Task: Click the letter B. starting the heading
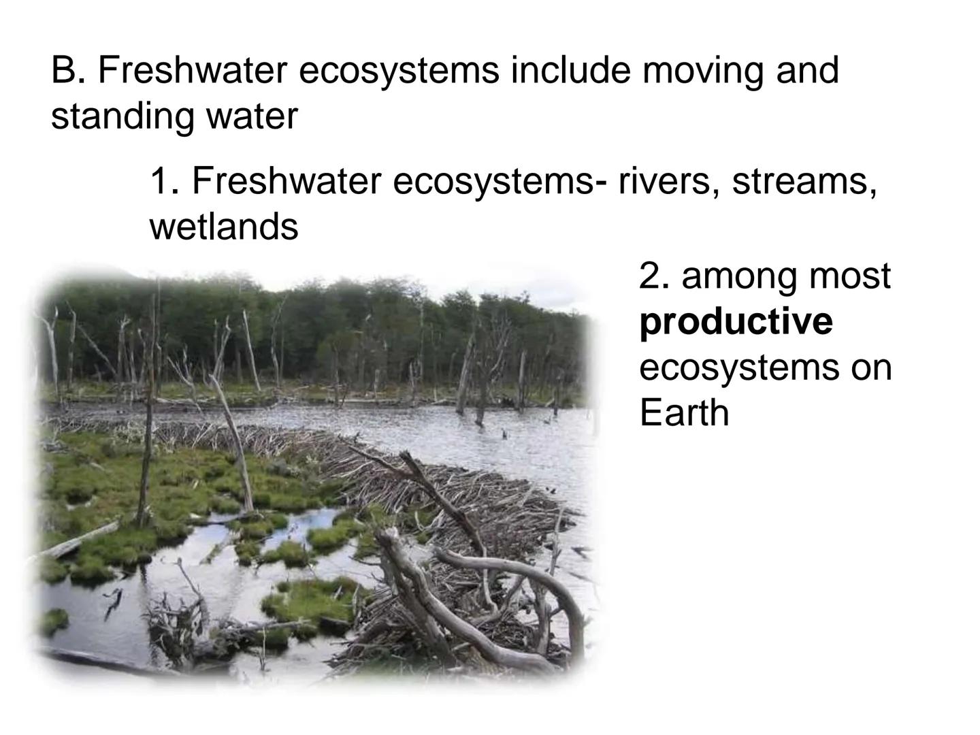pos(68,71)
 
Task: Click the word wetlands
pos(224,227)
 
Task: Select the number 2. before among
pos(654,276)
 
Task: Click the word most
pos(850,276)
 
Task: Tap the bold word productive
pos(736,322)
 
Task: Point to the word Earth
pos(684,412)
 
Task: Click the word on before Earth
pos(870,367)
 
